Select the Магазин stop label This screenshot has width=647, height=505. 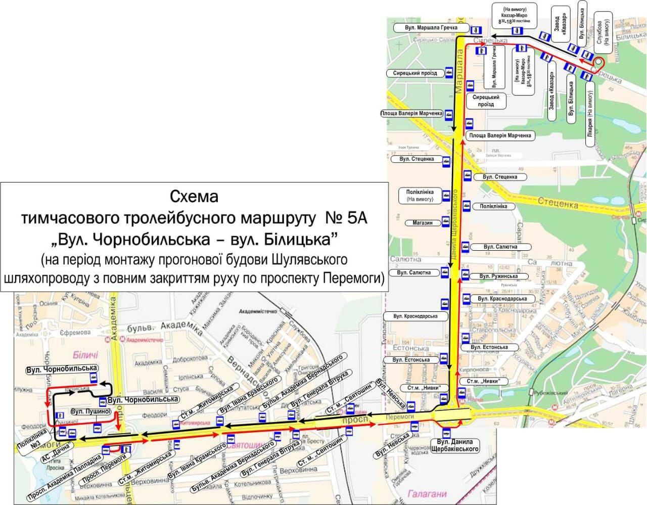[422, 222]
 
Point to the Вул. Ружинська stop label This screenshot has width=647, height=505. [498, 277]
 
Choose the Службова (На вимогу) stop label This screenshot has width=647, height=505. [604, 32]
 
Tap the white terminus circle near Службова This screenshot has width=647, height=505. [598, 62]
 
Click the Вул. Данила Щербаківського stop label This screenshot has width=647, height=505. [454, 445]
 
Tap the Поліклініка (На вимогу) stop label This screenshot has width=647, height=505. [420, 196]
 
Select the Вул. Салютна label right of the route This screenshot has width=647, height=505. [500, 247]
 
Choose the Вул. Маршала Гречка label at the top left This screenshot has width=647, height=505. [431, 27]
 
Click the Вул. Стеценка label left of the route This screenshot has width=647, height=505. [416, 159]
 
